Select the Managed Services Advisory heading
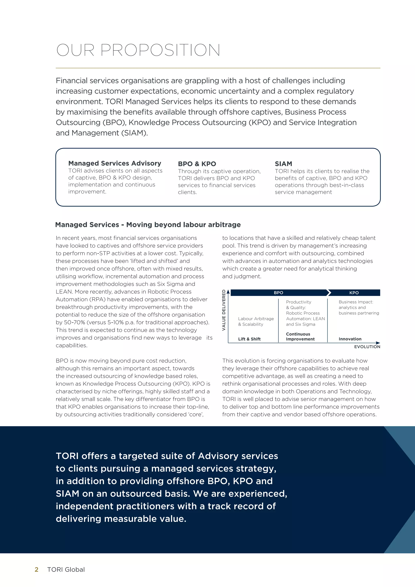click(115, 163)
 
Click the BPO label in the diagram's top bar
click(278, 292)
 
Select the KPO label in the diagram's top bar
click(354, 292)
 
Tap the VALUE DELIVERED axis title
click(224, 310)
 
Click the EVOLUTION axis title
click(367, 347)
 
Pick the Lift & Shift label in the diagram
click(249, 339)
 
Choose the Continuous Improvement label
click(300, 336)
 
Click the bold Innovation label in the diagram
click(350, 339)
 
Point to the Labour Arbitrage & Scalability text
click(256, 321)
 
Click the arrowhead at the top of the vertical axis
click(228, 292)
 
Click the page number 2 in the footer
click(36, 569)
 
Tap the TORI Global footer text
click(66, 569)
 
